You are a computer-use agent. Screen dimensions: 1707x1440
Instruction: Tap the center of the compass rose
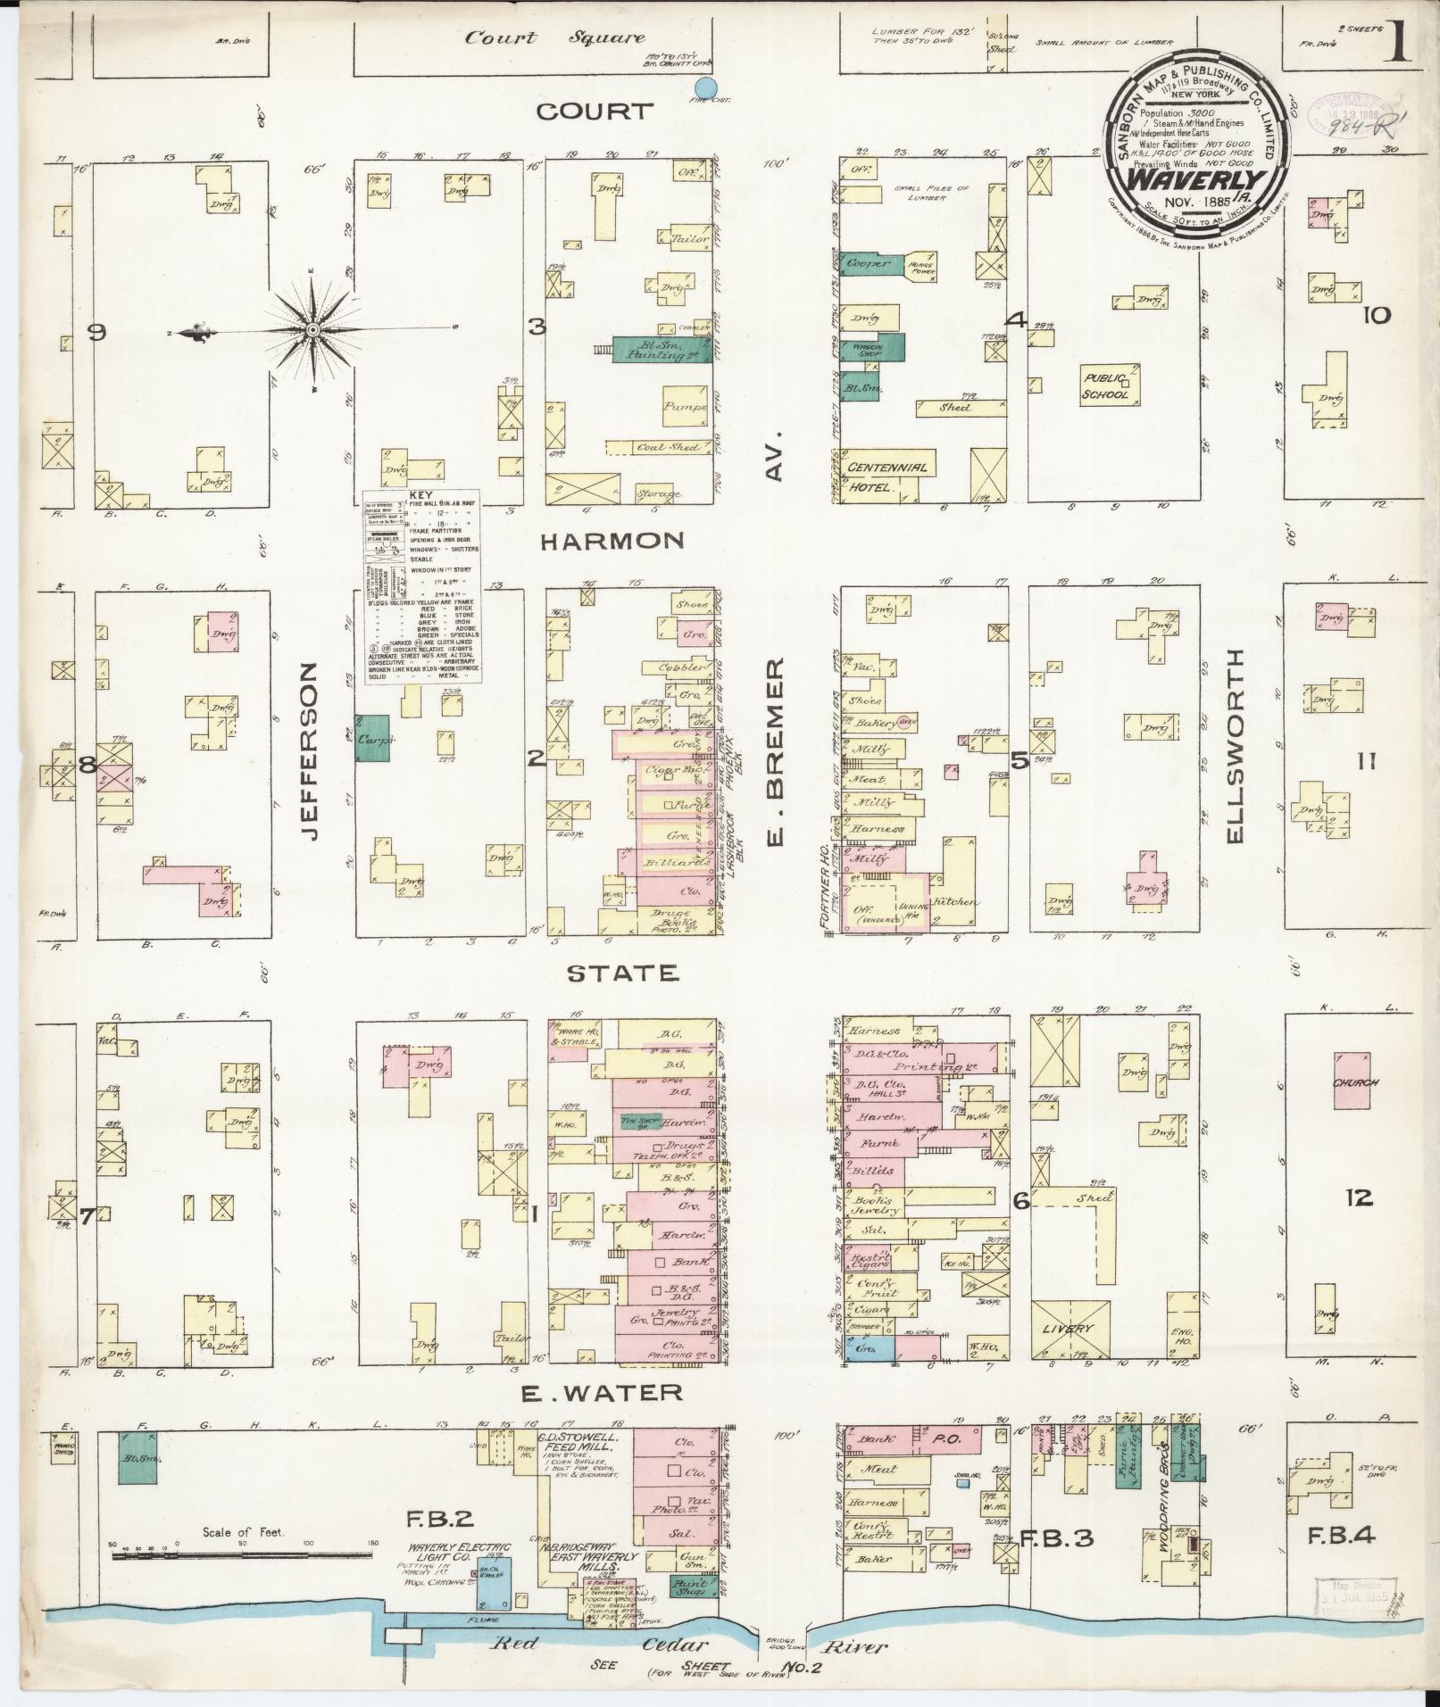[x=312, y=331]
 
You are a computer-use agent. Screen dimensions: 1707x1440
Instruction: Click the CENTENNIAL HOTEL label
[x=886, y=476]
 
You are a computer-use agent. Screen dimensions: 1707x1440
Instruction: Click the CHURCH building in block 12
[x=1356, y=1082]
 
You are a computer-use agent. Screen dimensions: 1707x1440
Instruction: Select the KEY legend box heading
[x=419, y=495]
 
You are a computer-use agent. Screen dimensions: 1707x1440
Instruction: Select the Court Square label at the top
[x=554, y=37]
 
